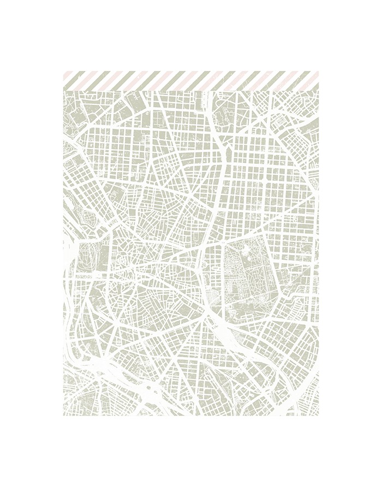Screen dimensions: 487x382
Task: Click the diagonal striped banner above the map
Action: click(x=191, y=81)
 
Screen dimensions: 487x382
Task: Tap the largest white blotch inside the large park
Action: click(x=248, y=256)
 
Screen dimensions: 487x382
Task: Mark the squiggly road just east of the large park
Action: click(x=281, y=284)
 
